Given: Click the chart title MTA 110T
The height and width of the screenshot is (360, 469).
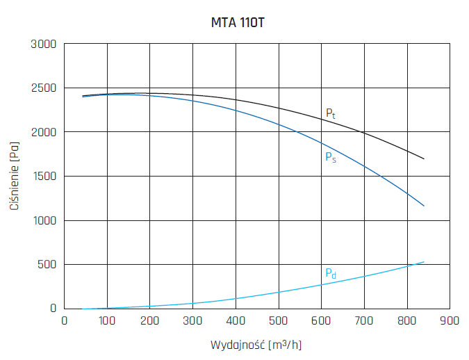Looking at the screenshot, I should [238, 22].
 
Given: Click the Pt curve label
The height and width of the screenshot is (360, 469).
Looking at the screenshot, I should [331, 113].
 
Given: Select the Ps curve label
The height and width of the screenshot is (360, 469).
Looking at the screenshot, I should [331, 157].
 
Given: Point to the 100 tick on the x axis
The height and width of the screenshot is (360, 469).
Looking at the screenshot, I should [107, 320].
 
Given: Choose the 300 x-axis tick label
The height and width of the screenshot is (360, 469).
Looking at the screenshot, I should [192, 320].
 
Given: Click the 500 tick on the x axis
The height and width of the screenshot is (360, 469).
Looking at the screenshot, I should [279, 320].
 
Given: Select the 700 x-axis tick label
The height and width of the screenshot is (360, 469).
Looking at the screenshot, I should [364, 320].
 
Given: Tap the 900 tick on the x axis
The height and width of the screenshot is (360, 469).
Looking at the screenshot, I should [450, 320].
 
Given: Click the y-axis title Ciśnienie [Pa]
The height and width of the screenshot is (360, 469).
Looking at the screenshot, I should [14, 177].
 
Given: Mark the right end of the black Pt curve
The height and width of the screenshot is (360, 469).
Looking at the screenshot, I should [424, 159].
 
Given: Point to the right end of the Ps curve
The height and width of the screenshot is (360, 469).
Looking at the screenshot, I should [424, 206].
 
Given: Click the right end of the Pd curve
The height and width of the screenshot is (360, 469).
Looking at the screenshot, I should [424, 262].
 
